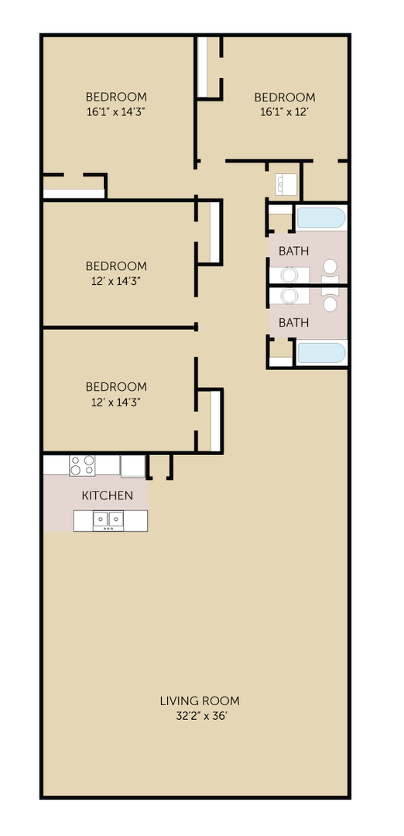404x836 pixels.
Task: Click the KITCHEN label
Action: [x=108, y=495]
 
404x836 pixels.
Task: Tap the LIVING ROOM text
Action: [x=200, y=701]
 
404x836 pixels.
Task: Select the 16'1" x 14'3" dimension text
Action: [x=116, y=111]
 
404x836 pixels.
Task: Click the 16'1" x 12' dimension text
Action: [x=285, y=111]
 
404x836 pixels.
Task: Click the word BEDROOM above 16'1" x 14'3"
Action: [x=116, y=97]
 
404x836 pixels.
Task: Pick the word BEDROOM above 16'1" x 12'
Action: [x=285, y=97]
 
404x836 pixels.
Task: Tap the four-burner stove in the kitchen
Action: [x=82, y=465]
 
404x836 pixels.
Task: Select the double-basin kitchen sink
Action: [x=108, y=520]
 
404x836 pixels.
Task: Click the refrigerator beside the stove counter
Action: [x=133, y=465]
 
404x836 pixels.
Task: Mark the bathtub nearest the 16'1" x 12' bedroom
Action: [x=321, y=218]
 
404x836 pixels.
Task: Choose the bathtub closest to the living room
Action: [x=321, y=353]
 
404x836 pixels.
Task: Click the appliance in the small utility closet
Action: [x=285, y=184]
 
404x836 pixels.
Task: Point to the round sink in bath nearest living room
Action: [x=290, y=296]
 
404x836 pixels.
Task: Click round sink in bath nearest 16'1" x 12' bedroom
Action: [x=290, y=275]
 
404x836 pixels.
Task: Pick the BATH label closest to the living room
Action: [x=293, y=322]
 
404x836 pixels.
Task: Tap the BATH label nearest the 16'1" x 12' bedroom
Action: [x=293, y=251]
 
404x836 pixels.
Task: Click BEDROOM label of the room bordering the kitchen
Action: [x=116, y=386]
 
